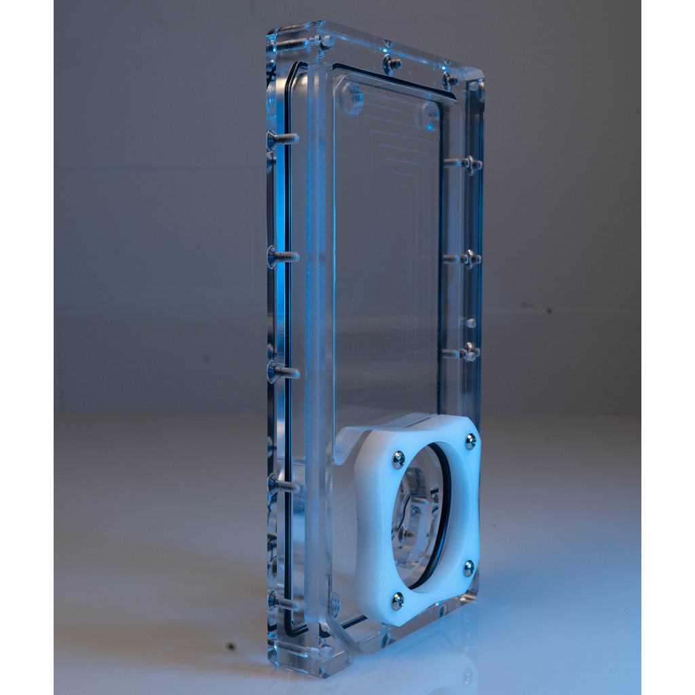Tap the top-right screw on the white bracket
click(470, 442)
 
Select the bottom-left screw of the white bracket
click(397, 600)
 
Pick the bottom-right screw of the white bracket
click(469, 566)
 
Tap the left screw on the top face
click(392, 64)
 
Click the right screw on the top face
click(450, 80)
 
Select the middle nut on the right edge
click(468, 258)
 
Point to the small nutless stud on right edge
click(470, 322)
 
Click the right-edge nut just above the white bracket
click(468, 352)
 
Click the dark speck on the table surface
click(231, 646)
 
